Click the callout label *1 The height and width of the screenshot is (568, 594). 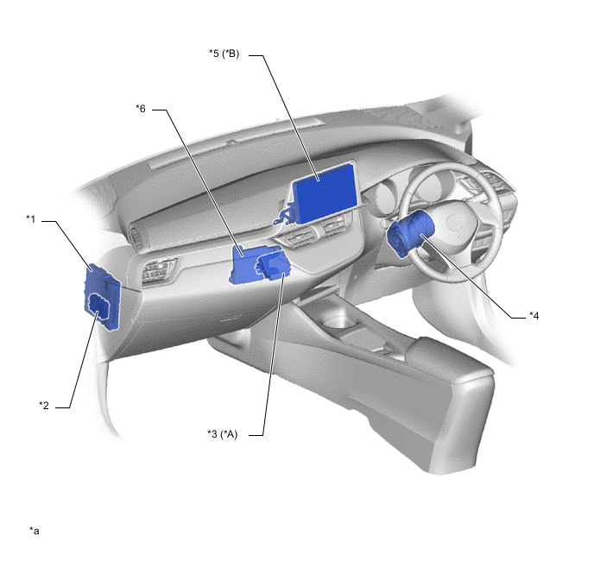(31, 219)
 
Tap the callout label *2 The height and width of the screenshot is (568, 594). (44, 406)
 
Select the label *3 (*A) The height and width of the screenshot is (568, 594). (223, 434)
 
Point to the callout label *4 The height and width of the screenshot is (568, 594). (534, 315)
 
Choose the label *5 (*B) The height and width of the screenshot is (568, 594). (224, 54)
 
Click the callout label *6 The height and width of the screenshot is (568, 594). (141, 109)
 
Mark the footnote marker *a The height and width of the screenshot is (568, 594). (35, 531)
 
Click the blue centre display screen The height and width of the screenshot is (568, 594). (325, 193)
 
